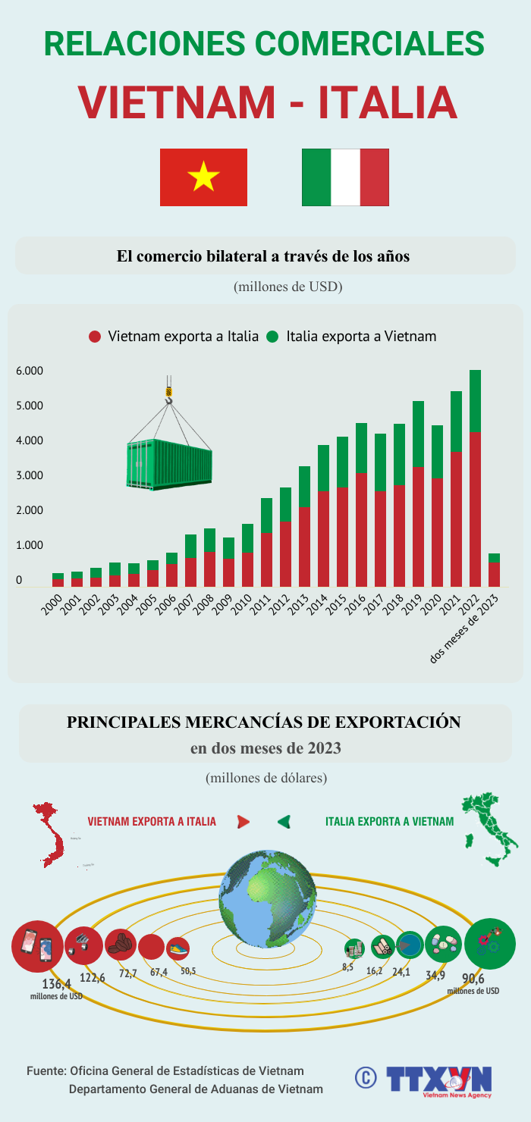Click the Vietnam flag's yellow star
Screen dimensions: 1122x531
pyautogui.click(x=203, y=177)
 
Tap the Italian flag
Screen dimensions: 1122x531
pyautogui.click(x=345, y=177)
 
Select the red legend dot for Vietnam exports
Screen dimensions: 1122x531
pyautogui.click(x=95, y=337)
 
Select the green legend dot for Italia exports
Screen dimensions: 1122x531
pyautogui.click(x=273, y=337)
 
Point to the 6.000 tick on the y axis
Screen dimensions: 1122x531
pyautogui.click(x=31, y=371)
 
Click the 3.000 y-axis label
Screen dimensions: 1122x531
pyautogui.click(x=31, y=475)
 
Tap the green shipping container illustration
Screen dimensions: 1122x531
pyautogui.click(x=169, y=463)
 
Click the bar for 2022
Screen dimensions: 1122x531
pyautogui.click(x=475, y=478)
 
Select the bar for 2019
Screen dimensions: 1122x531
pyautogui.click(x=418, y=493)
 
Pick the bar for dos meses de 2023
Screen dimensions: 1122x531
pyautogui.click(x=494, y=570)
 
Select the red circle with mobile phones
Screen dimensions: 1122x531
pyautogui.click(x=37, y=946)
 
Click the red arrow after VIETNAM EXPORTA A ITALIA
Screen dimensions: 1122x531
pyautogui.click(x=244, y=822)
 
